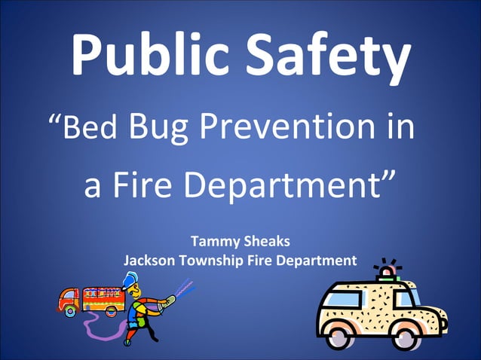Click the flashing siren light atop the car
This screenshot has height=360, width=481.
pos(388,271)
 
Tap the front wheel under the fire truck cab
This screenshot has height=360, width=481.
pos(69,310)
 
